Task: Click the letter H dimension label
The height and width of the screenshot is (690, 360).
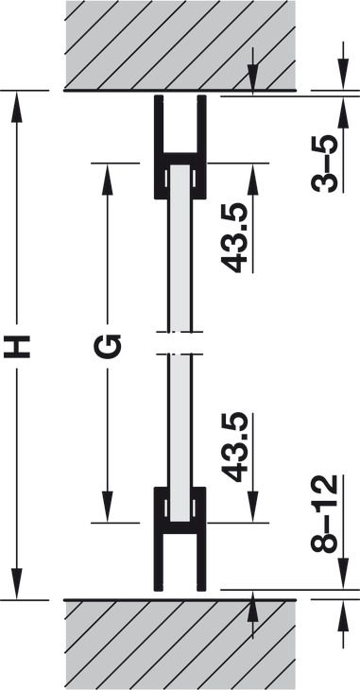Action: (17, 346)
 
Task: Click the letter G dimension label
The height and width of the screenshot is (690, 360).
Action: (108, 346)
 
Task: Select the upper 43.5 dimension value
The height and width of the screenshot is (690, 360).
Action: (234, 238)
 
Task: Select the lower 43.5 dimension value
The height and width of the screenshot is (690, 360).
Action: (234, 447)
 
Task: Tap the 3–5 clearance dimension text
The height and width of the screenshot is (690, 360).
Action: (324, 164)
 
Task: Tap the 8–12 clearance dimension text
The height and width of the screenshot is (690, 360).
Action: (324, 513)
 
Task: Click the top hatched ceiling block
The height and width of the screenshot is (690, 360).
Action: (180, 44)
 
